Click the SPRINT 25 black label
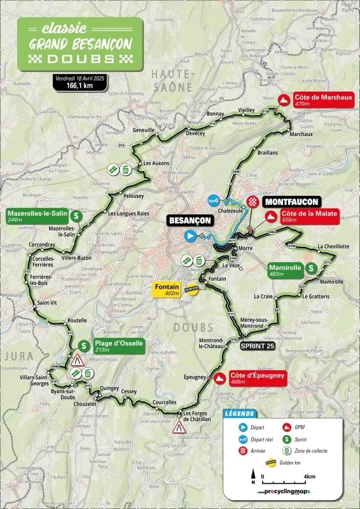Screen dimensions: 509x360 pyautogui.click(x=258, y=345)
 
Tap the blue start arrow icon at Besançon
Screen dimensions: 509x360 pyautogui.click(x=190, y=236)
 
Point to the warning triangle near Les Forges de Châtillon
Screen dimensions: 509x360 pyautogui.click(x=179, y=428)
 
